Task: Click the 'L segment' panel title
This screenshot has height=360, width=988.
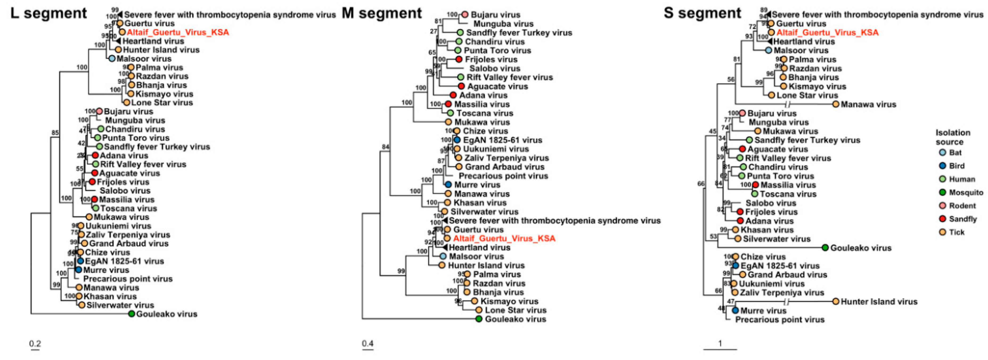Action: coord(49,13)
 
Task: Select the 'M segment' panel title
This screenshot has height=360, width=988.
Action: coord(382,13)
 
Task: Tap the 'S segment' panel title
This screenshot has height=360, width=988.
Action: coord(703,13)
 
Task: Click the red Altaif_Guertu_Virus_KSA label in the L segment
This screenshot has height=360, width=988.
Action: coord(178,32)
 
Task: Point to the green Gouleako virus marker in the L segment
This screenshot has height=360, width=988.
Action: coord(132,314)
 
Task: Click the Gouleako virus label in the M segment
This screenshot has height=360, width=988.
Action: coord(516,319)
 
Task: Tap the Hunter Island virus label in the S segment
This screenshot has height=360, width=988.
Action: coord(879,302)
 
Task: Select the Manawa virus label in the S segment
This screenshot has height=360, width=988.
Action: coord(868,104)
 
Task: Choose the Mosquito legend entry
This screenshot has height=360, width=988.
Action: coord(966,192)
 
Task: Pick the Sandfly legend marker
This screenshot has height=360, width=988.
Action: coord(942,219)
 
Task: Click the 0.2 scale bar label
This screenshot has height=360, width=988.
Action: coord(35,344)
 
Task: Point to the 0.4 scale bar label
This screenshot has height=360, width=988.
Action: coord(368,344)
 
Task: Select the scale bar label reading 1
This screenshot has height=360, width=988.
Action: coord(720,344)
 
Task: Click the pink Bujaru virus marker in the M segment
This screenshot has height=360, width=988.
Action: coord(465,15)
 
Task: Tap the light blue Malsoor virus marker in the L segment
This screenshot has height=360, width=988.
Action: coord(112,59)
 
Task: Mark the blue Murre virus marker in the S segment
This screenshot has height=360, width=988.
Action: coord(735,311)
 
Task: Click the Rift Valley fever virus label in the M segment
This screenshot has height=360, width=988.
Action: coord(509,77)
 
